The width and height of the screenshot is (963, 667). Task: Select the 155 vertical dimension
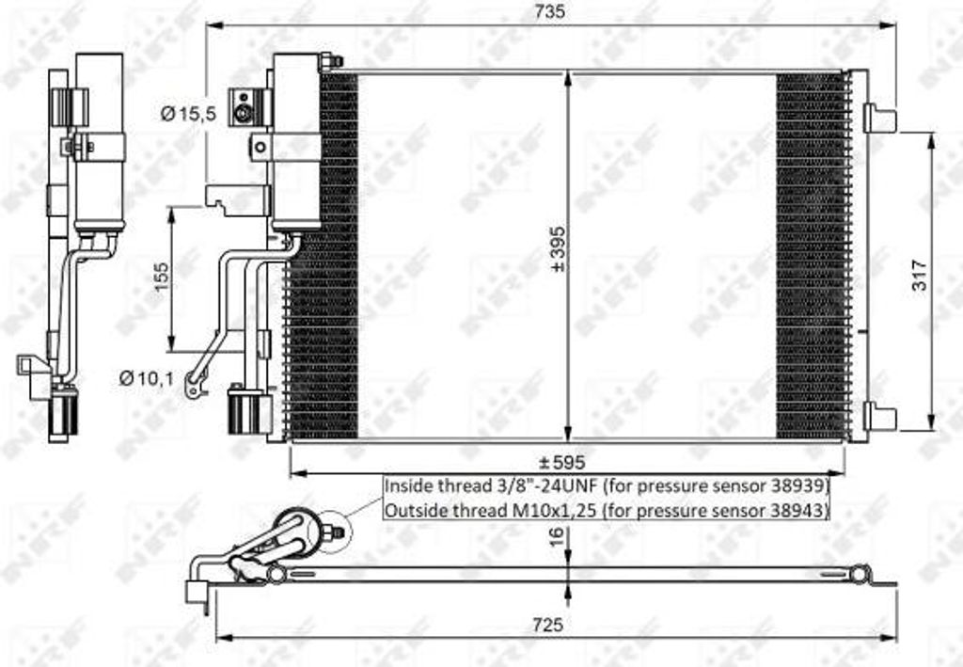click(162, 278)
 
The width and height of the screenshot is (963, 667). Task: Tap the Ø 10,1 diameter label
click(148, 378)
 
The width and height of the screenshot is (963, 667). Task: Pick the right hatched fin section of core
click(810, 255)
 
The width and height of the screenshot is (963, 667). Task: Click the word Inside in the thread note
click(408, 486)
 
